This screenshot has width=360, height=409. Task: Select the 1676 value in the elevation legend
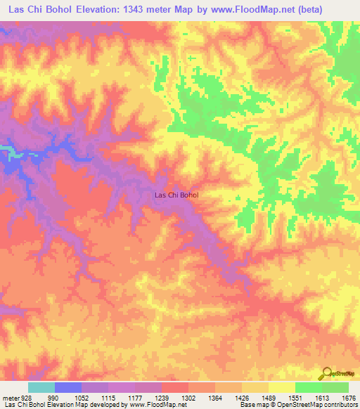point(348,397)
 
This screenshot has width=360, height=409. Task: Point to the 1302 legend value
point(188,397)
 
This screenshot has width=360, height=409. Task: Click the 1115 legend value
point(108,397)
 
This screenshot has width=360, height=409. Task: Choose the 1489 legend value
point(268,397)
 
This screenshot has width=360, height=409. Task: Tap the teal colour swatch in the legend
point(41,387)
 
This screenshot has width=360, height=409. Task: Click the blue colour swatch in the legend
point(67,387)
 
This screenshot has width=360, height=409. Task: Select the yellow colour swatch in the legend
point(281,387)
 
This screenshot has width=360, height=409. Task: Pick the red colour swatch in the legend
point(174,387)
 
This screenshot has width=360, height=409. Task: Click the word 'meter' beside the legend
point(10,397)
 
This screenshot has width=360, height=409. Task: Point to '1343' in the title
point(157,9)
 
